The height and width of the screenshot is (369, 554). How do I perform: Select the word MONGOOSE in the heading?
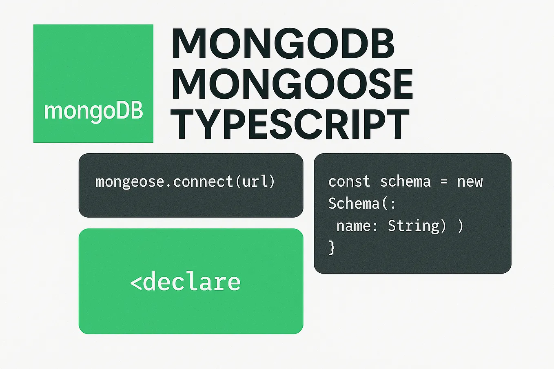(x=292, y=84)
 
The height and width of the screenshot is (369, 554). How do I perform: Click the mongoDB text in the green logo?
(x=93, y=111)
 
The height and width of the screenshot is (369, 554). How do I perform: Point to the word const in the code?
(x=349, y=181)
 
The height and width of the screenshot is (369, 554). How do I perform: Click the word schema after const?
(x=405, y=181)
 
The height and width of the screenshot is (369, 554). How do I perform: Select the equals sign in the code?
(x=444, y=182)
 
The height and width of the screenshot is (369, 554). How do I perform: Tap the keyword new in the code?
(x=470, y=181)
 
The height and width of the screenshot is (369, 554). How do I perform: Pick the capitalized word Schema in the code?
(x=353, y=203)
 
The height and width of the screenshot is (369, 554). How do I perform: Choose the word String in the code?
(x=413, y=225)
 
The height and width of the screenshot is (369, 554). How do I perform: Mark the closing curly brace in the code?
(x=332, y=247)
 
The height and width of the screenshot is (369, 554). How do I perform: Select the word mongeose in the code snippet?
(x=130, y=181)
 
